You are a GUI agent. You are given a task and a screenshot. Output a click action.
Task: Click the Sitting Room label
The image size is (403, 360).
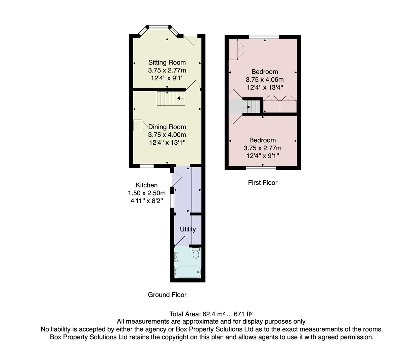tap(167, 62)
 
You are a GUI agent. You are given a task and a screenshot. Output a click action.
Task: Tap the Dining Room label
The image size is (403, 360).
tap(167, 127)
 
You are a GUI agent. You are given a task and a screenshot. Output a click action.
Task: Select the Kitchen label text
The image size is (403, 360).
tap(147, 185)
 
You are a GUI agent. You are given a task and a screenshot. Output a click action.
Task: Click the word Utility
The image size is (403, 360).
tap(188, 229)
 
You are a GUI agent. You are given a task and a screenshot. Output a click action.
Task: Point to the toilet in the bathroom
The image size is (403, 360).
tap(196, 253)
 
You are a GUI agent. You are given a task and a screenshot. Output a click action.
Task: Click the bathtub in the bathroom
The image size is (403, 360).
tap(188, 272)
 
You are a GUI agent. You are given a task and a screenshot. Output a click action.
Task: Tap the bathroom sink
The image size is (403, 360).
tap(178, 257)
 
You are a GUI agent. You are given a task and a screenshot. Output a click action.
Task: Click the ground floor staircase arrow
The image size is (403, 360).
tap(181, 98)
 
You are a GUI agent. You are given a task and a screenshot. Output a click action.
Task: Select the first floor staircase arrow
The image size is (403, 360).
tap(247, 107)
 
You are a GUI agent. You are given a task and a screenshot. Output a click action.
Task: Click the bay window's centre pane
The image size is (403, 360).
tap(159, 27)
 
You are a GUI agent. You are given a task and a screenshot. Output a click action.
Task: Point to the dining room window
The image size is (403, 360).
tap(147, 166)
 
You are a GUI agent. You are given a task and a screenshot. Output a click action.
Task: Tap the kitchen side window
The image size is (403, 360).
tap(172, 201)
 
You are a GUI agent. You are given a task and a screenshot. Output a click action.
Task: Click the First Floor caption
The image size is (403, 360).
tap(263, 183)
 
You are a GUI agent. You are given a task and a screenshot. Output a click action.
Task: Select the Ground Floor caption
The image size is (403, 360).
tap(167, 295)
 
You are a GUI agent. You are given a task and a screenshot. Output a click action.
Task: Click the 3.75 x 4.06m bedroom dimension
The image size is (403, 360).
tap(265, 80)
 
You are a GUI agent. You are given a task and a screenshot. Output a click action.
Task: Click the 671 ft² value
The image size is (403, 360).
tap(243, 314)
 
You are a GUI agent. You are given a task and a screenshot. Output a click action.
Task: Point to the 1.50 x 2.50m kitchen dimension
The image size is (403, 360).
tap(147, 193)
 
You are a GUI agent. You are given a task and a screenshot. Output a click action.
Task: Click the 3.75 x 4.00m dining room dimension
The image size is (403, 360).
tap(167, 135)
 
